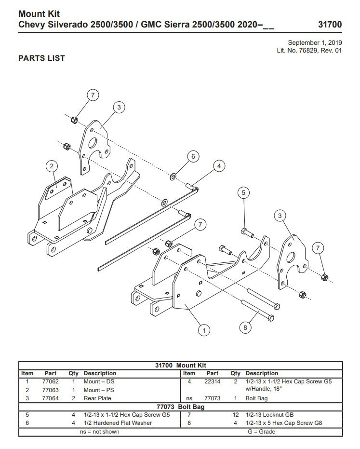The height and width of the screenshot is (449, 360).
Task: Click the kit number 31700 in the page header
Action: point(330,24)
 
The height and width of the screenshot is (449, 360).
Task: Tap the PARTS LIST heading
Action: point(41,58)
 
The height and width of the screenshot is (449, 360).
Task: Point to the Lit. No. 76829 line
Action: point(309,51)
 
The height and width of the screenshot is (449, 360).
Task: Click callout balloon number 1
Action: point(204,330)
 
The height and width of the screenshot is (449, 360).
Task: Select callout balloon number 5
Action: point(244,193)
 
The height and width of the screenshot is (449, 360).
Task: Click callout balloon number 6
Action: point(193,156)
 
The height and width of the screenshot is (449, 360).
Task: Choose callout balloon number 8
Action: point(245,327)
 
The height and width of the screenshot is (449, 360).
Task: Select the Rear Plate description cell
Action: point(97,398)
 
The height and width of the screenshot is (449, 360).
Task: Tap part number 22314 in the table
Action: point(212,381)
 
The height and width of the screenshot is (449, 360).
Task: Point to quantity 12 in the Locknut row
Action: point(235,415)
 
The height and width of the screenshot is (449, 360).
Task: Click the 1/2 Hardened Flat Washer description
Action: point(118,423)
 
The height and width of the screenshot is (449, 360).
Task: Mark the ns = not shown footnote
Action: point(99,432)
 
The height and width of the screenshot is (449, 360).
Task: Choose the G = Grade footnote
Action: point(261,432)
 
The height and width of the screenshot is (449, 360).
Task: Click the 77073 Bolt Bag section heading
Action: point(181,407)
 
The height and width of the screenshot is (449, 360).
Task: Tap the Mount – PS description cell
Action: point(99,390)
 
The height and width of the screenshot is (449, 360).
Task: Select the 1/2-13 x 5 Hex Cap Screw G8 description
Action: point(283,423)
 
